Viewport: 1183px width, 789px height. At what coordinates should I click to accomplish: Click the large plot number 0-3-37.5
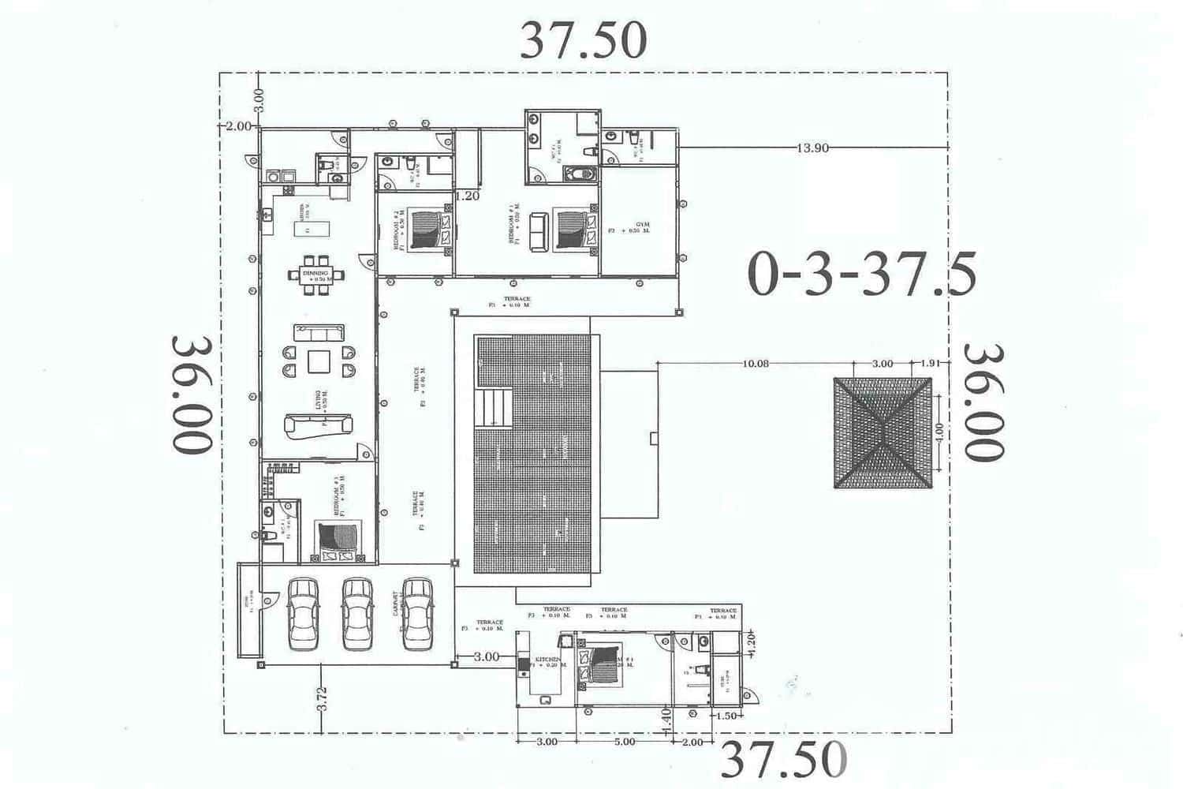point(862,274)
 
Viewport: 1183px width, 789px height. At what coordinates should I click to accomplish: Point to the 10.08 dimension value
point(755,364)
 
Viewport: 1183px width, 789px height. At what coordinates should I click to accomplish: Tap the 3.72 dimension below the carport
point(321,699)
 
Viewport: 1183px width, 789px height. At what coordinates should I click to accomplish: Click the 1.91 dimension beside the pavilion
point(931,364)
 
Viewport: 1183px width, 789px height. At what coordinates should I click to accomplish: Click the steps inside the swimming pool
point(492,408)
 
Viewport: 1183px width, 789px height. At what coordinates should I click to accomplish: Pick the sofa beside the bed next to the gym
point(539,232)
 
